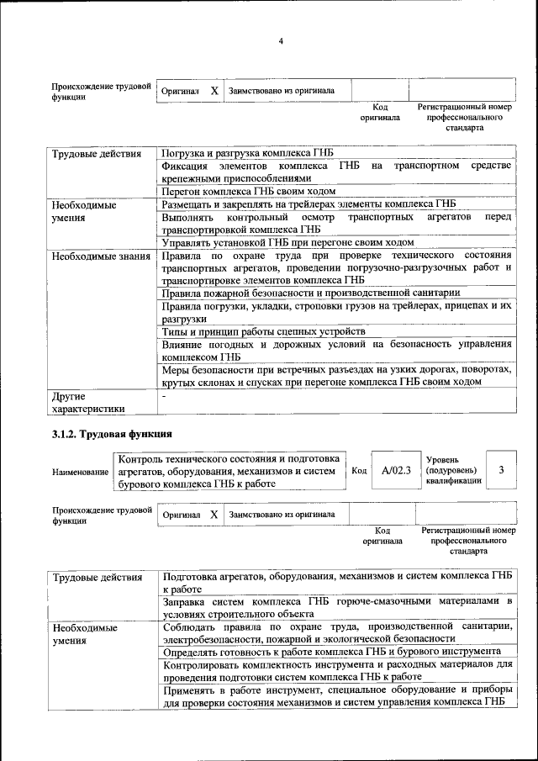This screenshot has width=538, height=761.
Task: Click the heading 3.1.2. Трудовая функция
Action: (x=112, y=434)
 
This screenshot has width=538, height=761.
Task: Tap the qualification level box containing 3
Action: (x=501, y=471)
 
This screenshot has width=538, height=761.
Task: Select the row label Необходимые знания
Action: (x=99, y=254)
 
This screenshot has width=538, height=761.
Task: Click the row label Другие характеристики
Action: (x=88, y=402)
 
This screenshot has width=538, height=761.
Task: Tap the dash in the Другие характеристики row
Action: (x=166, y=395)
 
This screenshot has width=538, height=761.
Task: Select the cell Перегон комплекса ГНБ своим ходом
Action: (x=248, y=192)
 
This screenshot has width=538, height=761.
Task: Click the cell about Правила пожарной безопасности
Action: (x=310, y=293)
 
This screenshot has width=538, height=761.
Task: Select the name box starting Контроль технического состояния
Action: (x=229, y=472)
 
